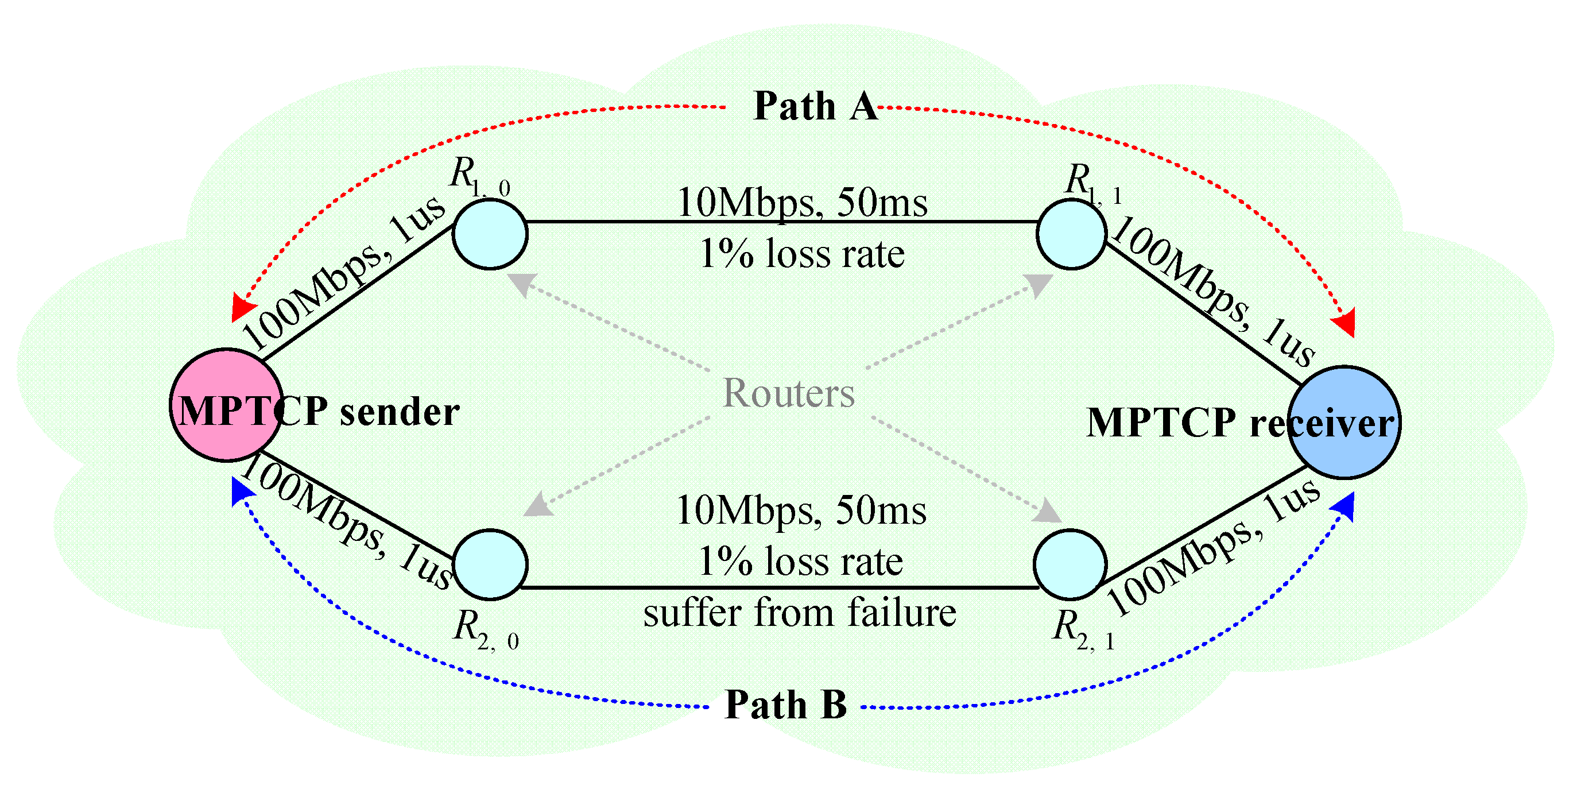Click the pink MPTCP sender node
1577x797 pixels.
coord(226,405)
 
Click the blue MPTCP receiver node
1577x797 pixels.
coord(1344,423)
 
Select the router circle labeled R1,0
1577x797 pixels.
coord(490,234)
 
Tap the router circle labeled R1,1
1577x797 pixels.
coord(1071,234)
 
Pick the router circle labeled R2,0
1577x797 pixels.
coord(490,564)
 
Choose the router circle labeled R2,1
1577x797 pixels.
coord(1070,564)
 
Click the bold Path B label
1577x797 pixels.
coord(785,705)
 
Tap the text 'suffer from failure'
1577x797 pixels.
coord(800,613)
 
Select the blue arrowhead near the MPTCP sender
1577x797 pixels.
coord(241,492)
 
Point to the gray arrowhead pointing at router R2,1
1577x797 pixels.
coord(1048,512)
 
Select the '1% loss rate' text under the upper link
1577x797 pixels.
coord(802,253)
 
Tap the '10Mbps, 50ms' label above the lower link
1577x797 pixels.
coord(801,510)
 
